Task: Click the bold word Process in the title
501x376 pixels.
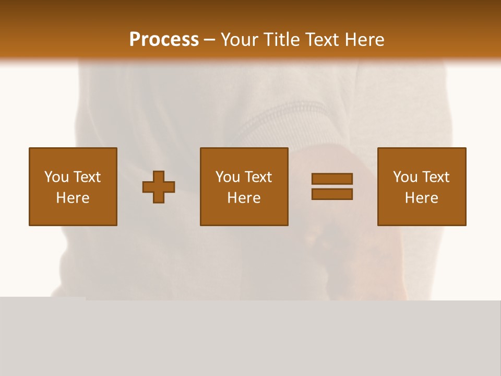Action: tap(164, 40)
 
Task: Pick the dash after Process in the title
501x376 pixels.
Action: tap(210, 40)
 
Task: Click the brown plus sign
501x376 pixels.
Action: tap(159, 187)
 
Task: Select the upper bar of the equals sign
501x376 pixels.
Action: tap(332, 179)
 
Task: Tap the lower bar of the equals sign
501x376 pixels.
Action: tap(332, 194)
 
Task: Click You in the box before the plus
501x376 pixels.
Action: tap(56, 177)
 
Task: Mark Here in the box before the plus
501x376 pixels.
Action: tap(73, 198)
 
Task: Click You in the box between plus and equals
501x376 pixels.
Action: tap(228, 177)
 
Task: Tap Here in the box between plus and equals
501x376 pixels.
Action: tap(244, 198)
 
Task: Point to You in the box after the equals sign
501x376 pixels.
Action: tap(405, 177)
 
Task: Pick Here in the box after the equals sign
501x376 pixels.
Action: tap(421, 198)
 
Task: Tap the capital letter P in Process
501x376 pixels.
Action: tap(135, 40)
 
